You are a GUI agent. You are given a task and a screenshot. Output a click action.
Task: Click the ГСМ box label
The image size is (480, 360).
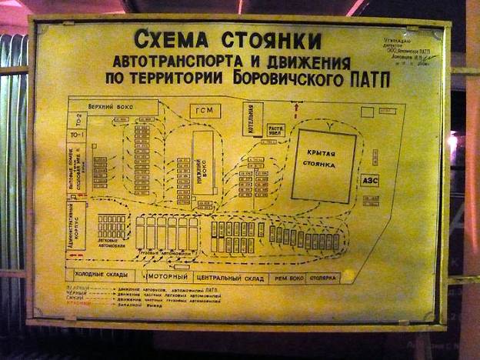204,110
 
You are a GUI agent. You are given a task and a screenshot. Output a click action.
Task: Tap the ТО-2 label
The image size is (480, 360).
77,118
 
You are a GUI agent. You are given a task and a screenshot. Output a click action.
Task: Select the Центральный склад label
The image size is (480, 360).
230,277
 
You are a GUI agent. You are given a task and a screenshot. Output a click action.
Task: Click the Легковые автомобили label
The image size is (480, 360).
112,243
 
